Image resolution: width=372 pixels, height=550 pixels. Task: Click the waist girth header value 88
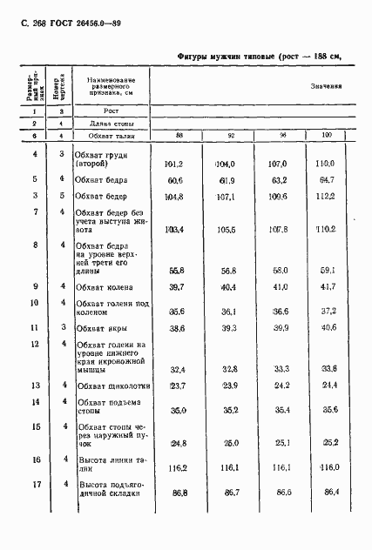tap(179, 137)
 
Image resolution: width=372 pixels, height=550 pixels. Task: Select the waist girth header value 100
tap(327, 137)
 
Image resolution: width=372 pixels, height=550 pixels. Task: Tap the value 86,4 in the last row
tap(327, 492)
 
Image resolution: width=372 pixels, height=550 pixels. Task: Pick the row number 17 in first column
tap(35, 483)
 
